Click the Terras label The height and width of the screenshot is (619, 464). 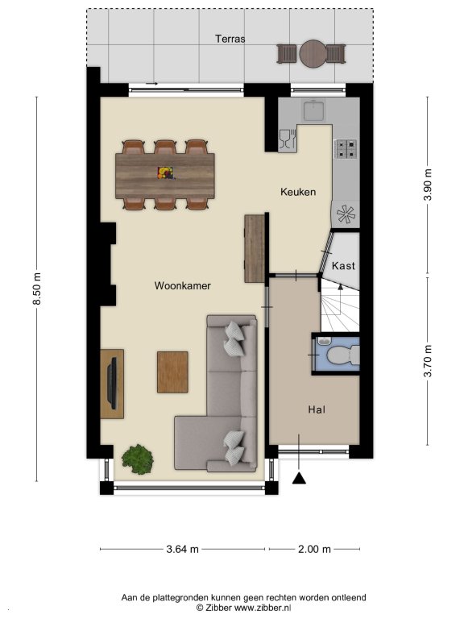(x=230, y=39)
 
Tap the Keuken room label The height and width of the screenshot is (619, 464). (x=298, y=192)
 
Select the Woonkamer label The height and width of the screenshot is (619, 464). (x=182, y=285)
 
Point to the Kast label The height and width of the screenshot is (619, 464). (x=343, y=266)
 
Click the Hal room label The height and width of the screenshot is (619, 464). (x=317, y=409)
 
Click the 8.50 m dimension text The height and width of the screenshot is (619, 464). (x=37, y=289)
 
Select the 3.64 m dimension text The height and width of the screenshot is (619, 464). (x=182, y=549)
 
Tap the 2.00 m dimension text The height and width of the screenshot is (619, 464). (x=314, y=549)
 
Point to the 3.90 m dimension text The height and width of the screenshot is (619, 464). (x=428, y=185)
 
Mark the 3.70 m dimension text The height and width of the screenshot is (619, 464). (x=428, y=361)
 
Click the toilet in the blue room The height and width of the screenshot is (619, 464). (x=343, y=355)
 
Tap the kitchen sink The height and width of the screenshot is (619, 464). (x=314, y=110)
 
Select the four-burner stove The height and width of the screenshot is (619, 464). (x=346, y=149)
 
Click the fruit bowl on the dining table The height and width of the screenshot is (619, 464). (x=166, y=173)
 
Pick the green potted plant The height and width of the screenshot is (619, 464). (x=137, y=459)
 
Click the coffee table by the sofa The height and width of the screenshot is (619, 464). (x=172, y=372)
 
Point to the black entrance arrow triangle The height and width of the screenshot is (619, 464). (x=299, y=478)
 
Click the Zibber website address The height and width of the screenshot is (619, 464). (x=263, y=609)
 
